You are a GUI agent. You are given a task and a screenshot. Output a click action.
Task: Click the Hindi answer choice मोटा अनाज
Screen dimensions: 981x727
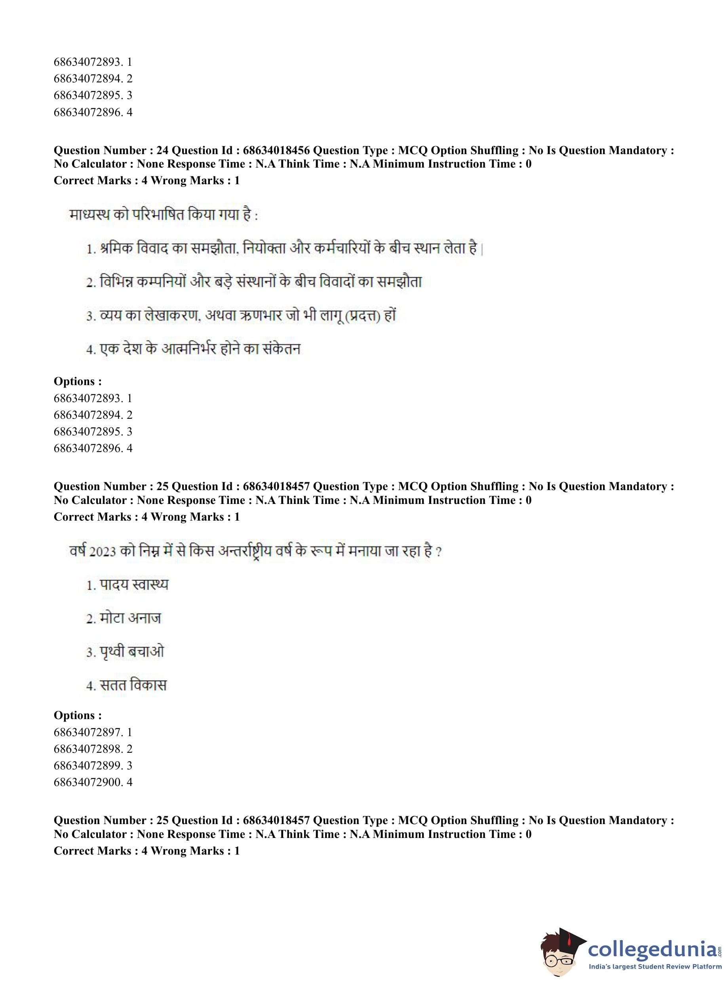pos(130,618)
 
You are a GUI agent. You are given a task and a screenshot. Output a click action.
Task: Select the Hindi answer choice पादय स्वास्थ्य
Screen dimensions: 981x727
pos(134,585)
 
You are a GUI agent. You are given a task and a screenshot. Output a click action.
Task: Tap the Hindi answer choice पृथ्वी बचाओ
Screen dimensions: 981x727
pos(131,652)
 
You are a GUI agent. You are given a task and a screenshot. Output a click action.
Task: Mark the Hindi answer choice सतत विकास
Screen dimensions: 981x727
pos(133,685)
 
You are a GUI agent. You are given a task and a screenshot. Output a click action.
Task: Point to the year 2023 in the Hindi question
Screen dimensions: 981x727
pos(103,551)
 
